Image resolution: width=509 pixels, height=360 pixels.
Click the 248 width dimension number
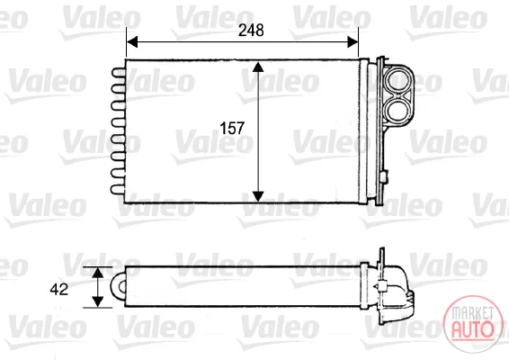click(251, 31)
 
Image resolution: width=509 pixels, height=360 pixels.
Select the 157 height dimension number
click(232, 129)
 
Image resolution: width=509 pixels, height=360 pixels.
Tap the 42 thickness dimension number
click(59, 289)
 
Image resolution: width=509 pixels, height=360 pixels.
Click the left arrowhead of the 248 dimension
click(132, 42)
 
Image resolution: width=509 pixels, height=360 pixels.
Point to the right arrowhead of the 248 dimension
click(353, 42)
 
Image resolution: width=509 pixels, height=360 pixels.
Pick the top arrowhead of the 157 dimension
click(258, 67)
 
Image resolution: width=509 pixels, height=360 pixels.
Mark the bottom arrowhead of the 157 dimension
click(258, 196)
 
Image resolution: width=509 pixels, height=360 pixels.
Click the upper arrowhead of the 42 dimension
click(97, 273)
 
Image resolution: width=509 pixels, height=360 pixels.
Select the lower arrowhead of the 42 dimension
click(97, 301)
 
